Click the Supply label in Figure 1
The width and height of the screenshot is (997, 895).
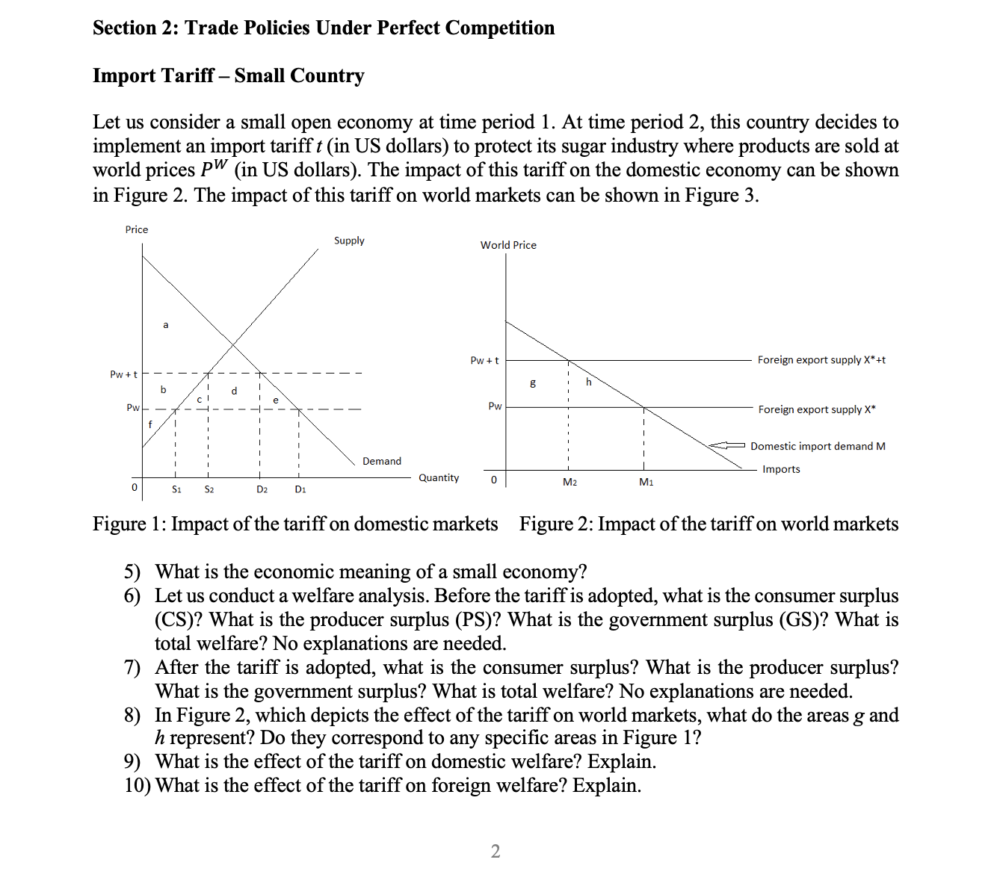pyautogui.click(x=349, y=241)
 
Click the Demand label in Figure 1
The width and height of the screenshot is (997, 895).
pyautogui.click(x=381, y=461)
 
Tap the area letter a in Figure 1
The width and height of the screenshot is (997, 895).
pyautogui.click(x=166, y=324)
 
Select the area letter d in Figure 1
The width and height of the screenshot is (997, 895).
pyautogui.click(x=234, y=390)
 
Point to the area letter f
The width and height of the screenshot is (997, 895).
pyautogui.click(x=150, y=424)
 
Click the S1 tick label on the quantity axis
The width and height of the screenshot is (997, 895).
pyautogui.click(x=176, y=489)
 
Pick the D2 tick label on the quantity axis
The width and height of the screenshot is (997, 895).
pyautogui.click(x=262, y=489)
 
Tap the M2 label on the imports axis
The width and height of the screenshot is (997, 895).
pyautogui.click(x=570, y=483)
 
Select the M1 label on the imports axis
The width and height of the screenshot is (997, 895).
pyautogui.click(x=646, y=483)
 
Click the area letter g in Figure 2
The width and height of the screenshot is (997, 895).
pyautogui.click(x=532, y=383)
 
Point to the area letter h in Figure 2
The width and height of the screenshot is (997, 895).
pyautogui.click(x=588, y=382)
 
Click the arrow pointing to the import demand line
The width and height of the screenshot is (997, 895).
pyautogui.click(x=726, y=445)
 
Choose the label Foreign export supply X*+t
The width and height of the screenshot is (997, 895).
pyautogui.click(x=821, y=359)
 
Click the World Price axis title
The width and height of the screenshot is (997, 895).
pyautogui.click(x=508, y=245)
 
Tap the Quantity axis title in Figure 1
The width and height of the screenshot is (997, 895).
pyautogui.click(x=439, y=477)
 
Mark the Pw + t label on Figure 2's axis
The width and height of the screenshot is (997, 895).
pyautogui.click(x=484, y=360)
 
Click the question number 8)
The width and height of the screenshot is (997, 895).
pyautogui.click(x=132, y=715)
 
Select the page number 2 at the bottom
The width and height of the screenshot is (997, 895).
pyautogui.click(x=496, y=851)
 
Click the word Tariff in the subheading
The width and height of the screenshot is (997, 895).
pyautogui.click(x=189, y=75)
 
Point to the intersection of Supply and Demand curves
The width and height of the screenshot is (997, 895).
pyautogui.click(x=233, y=344)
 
